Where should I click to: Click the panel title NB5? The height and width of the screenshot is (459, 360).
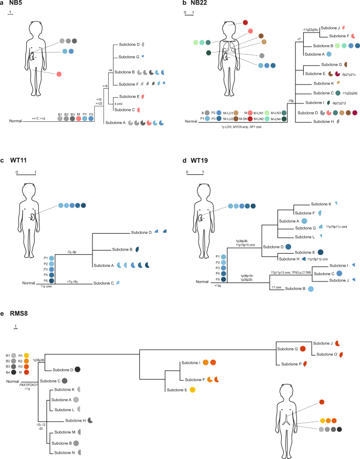pos(16,4)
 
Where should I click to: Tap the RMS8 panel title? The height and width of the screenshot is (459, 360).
pos(18,314)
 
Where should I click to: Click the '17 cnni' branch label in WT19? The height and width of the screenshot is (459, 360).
pos(276,287)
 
